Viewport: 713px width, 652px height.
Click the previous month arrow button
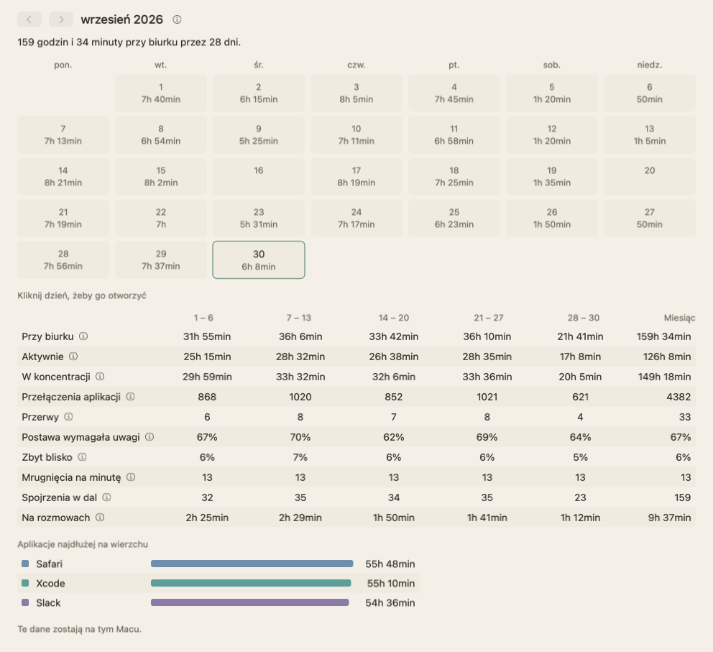(x=29, y=19)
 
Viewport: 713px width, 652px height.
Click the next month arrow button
(x=61, y=19)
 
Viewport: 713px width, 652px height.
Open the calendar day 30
(x=259, y=260)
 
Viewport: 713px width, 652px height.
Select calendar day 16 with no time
(x=259, y=176)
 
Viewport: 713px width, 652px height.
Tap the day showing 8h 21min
(x=63, y=176)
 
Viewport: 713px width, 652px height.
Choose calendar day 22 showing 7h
(x=161, y=219)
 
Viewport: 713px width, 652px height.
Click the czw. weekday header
(x=356, y=65)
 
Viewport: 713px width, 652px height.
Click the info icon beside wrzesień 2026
(x=177, y=19)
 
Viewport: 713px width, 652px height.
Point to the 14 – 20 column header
(x=394, y=318)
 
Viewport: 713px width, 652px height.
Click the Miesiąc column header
(x=679, y=318)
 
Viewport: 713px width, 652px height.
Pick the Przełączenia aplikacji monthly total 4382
(x=678, y=397)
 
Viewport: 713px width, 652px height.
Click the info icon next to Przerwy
(x=68, y=416)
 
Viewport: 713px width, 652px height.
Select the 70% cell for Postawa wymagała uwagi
(x=300, y=437)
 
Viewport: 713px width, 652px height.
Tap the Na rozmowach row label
(x=56, y=518)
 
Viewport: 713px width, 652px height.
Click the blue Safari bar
(x=252, y=564)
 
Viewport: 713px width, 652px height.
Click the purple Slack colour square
(x=25, y=602)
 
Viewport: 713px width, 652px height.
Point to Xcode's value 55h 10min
(x=391, y=583)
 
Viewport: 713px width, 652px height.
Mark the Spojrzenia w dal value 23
(x=580, y=497)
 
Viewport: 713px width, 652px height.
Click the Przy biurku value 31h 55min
(x=207, y=336)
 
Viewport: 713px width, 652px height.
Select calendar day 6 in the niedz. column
(x=650, y=93)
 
